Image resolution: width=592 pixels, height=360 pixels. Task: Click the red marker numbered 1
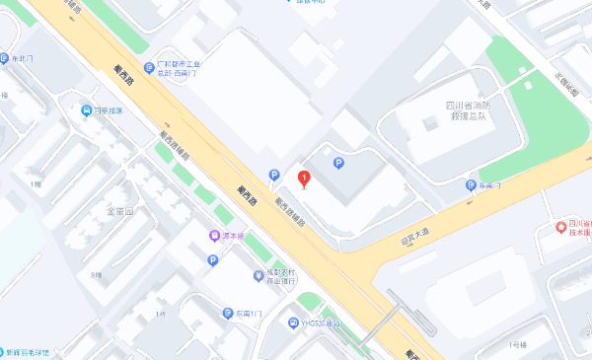coord(305,180)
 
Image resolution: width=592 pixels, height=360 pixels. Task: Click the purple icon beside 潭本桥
coord(214,236)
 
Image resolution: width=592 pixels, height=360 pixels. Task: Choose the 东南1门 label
coord(250,313)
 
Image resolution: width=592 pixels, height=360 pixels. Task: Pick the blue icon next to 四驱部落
coord(87,110)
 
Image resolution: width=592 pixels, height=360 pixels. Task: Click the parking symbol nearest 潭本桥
coord(212,260)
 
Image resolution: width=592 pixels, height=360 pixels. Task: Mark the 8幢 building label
coord(95,274)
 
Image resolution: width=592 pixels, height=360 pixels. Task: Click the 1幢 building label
coord(37,183)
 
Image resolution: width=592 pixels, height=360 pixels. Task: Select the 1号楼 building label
coord(517,345)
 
